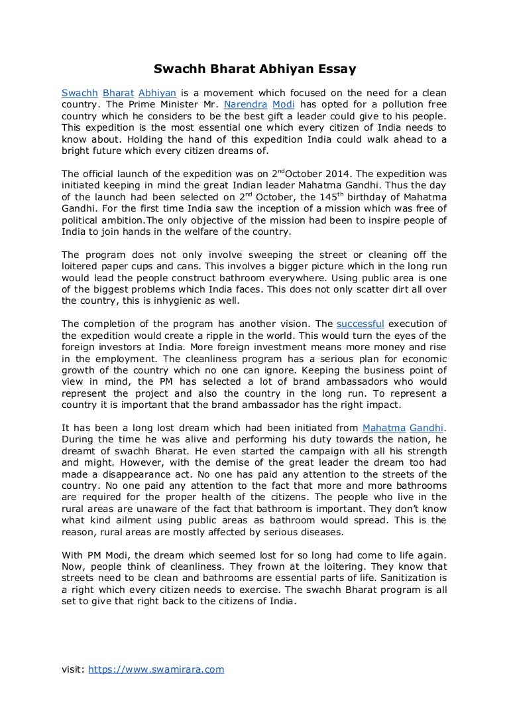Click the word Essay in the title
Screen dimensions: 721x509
pos(339,68)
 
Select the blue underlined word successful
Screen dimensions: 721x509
pos(361,324)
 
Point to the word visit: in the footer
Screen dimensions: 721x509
pos(72,669)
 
